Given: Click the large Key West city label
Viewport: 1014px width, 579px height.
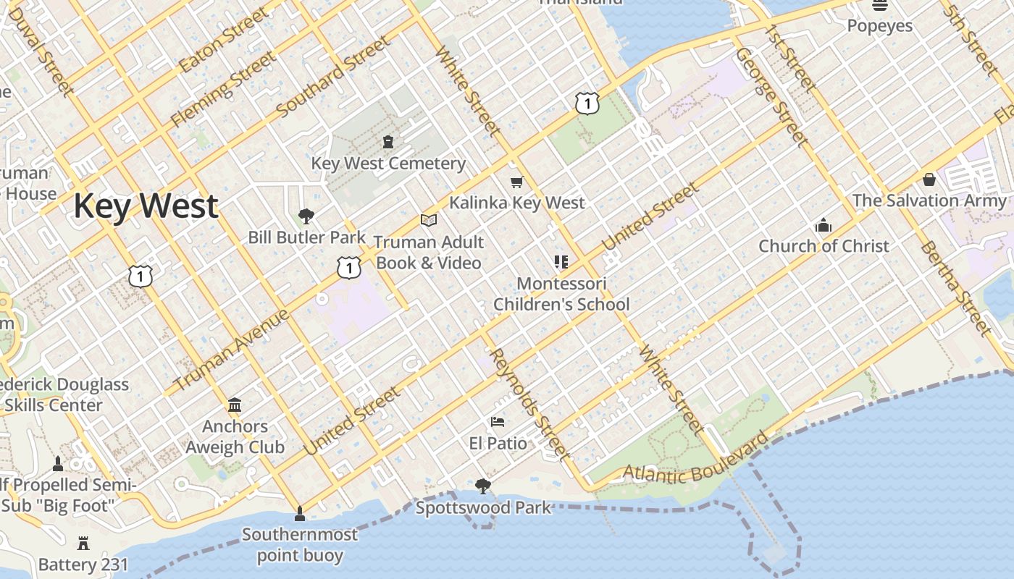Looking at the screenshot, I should (146, 206).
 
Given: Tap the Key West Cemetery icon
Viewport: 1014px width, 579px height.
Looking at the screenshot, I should (388, 141).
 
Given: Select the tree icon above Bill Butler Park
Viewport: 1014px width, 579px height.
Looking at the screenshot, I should (306, 215).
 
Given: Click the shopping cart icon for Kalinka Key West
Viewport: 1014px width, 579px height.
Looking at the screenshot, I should (516, 182).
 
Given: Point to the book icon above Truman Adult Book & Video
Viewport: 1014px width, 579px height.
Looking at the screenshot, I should (429, 220).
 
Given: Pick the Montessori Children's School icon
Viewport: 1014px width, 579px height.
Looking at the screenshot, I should (561, 261).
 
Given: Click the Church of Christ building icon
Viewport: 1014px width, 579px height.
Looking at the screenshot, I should (823, 225).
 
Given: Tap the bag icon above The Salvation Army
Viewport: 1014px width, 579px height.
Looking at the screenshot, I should (929, 179).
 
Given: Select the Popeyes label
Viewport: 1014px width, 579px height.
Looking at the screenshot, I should (880, 26).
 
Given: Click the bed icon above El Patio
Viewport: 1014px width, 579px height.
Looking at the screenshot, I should (498, 422).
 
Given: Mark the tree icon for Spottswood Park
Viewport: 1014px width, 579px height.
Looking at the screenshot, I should (483, 486).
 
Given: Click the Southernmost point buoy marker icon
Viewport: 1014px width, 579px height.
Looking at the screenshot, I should (299, 514).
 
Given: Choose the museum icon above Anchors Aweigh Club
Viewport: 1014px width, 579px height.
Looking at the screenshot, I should (235, 405).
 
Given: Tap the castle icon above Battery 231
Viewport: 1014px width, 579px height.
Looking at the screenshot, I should (83, 543).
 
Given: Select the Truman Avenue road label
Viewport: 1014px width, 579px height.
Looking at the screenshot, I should (232, 350).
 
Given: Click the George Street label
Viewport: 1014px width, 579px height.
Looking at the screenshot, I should (771, 97).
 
